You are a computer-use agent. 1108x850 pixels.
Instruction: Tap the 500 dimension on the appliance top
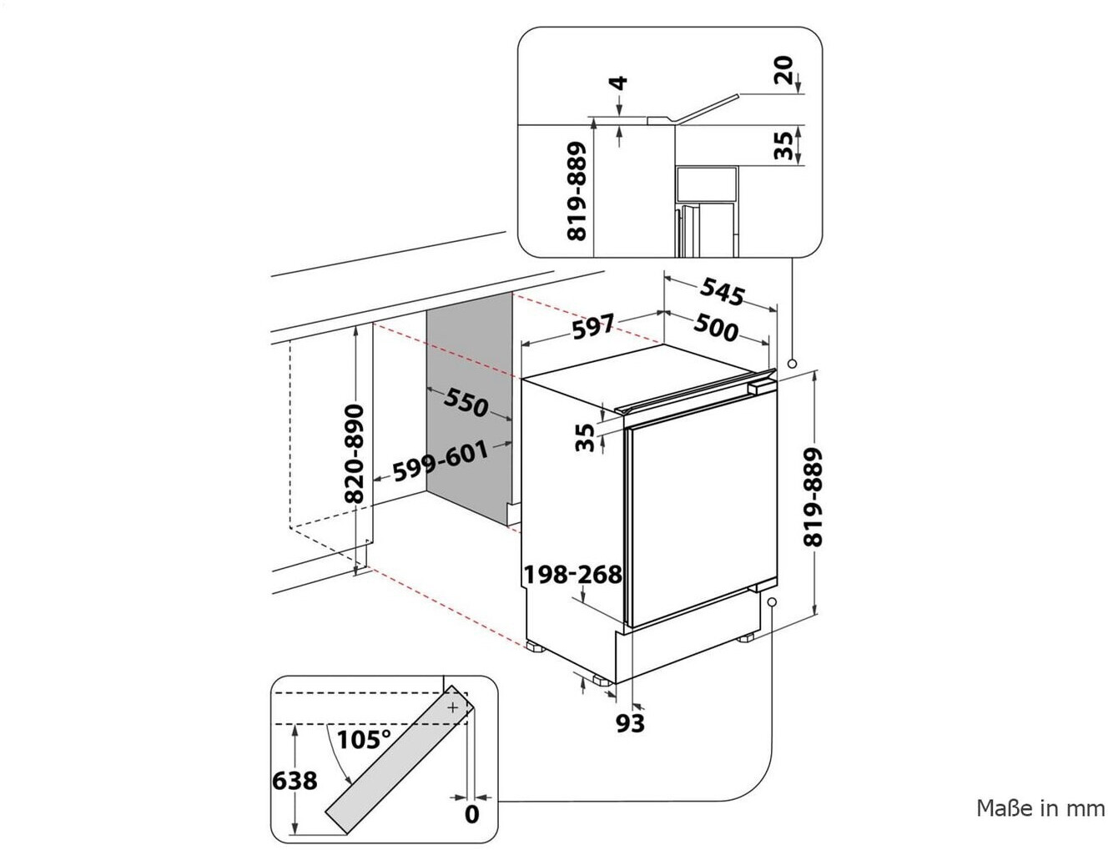point(714,329)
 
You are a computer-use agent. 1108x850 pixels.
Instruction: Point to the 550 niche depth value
point(466,403)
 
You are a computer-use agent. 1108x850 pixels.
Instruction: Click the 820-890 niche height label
point(355,454)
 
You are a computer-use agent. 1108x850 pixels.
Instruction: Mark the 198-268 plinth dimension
point(572,575)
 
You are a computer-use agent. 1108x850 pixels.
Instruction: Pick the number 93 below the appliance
point(630,722)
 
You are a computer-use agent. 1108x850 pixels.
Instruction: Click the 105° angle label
point(365,739)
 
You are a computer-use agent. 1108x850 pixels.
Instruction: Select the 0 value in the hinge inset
point(471,814)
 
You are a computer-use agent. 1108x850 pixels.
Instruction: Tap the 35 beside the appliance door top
point(587,436)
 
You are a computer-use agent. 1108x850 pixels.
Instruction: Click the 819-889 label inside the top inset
point(578,191)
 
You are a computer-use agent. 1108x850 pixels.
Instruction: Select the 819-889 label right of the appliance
point(813,498)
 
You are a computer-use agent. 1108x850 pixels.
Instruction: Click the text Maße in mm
point(1040,808)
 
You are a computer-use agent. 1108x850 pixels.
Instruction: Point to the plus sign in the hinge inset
point(453,707)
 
